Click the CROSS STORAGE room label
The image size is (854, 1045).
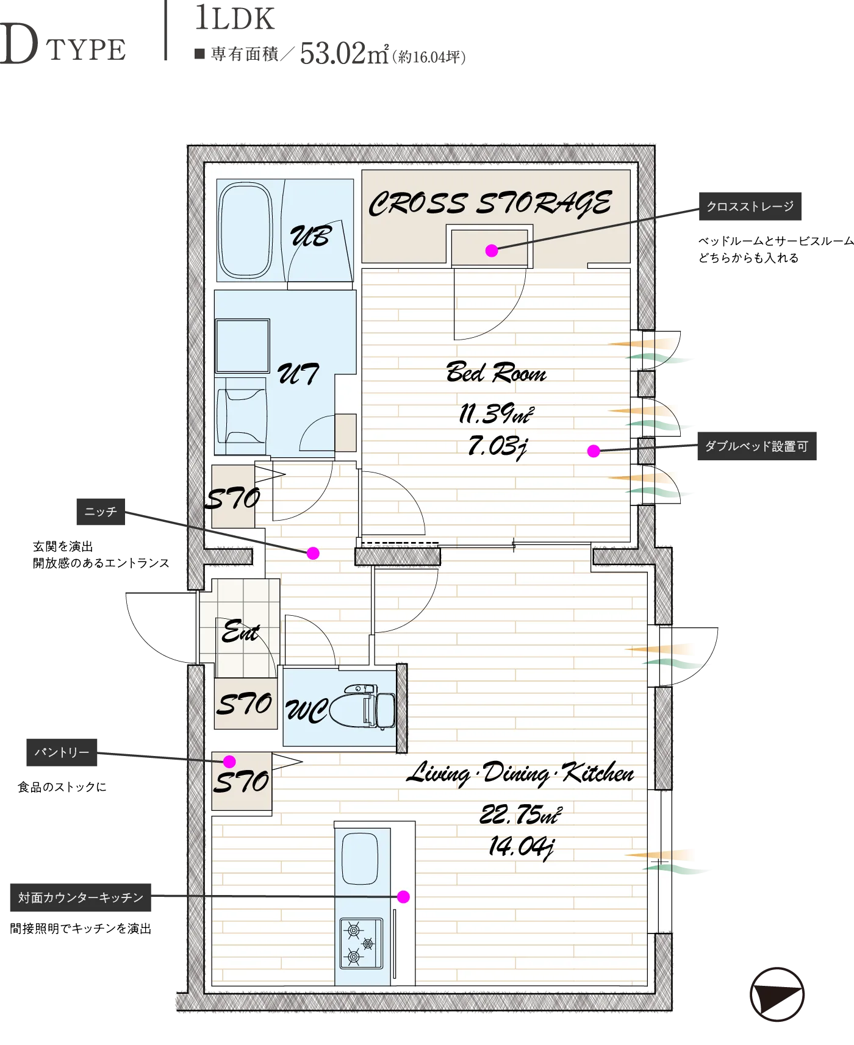[x=490, y=203]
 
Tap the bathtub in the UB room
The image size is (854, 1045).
[x=245, y=230]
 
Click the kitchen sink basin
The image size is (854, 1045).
[x=360, y=858]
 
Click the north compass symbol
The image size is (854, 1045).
[x=777, y=994]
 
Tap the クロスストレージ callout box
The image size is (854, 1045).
[x=750, y=206]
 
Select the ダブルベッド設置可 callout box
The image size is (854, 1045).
[x=756, y=446]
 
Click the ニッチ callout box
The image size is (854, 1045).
[x=101, y=512]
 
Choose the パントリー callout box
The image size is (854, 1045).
[x=62, y=752]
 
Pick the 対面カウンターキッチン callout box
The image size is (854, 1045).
[x=81, y=897]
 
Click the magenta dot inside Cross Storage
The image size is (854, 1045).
[x=492, y=251]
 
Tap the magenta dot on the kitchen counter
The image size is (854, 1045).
[x=403, y=897]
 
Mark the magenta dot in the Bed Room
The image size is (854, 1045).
[x=594, y=451]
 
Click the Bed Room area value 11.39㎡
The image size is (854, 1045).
[x=496, y=414]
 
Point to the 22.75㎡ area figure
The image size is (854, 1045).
[x=520, y=815]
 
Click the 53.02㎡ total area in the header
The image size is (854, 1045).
[x=344, y=54]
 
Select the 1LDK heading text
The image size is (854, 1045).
[x=235, y=18]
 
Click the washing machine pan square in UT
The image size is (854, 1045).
[x=242, y=346]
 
